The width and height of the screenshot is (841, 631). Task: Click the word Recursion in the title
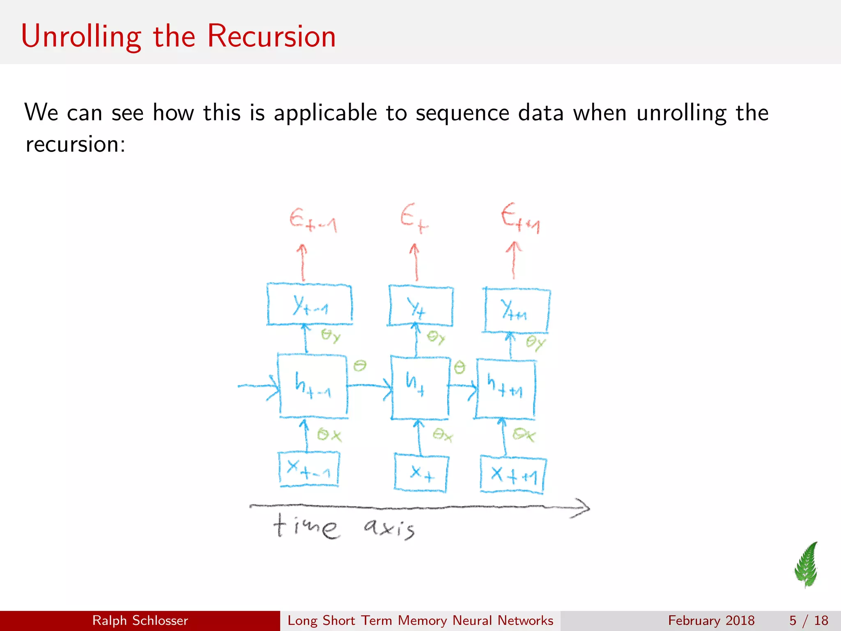click(x=271, y=36)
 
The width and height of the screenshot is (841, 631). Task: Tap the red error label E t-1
click(x=313, y=221)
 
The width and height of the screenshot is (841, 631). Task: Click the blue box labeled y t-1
click(x=309, y=304)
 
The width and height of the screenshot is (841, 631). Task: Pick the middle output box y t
click(x=420, y=306)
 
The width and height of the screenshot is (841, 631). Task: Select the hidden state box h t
click(x=419, y=388)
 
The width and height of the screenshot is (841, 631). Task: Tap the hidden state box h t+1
click(x=506, y=389)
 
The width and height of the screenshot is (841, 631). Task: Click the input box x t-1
click(x=309, y=469)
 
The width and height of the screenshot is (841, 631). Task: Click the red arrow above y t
click(x=415, y=262)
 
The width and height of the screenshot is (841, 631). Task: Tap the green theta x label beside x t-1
click(x=329, y=435)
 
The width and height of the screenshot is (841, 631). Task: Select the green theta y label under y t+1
click(x=535, y=342)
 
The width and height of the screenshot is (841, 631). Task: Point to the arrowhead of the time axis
click(x=583, y=509)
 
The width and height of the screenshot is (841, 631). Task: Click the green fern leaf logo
click(x=807, y=565)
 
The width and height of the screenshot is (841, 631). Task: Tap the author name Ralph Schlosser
click(x=140, y=620)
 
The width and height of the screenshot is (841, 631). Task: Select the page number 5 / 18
click(x=808, y=620)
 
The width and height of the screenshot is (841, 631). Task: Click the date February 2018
click(x=711, y=620)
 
